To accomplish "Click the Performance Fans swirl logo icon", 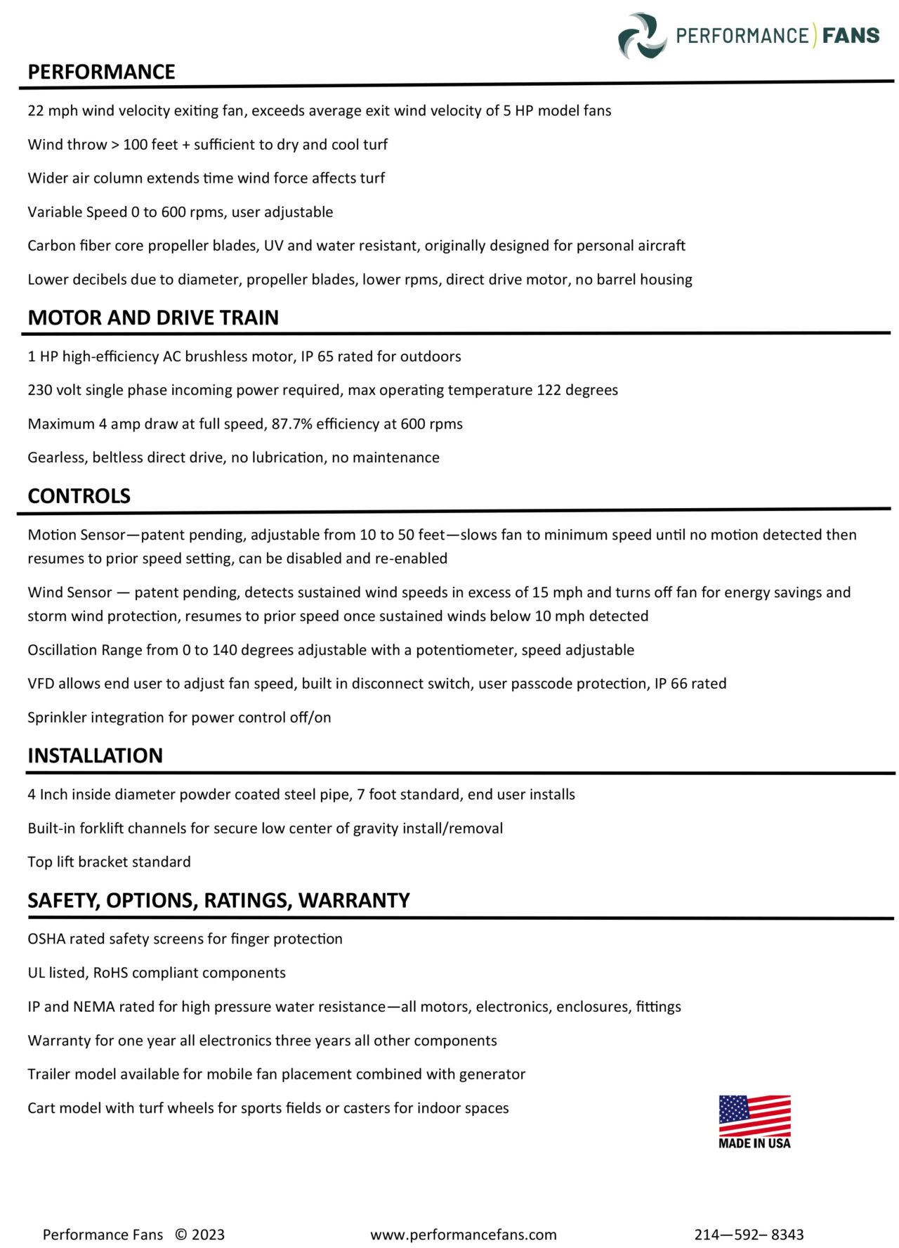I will (642, 36).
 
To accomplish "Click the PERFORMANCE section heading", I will (101, 72).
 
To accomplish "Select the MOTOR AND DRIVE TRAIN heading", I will (153, 318).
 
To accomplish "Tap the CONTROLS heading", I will (79, 496).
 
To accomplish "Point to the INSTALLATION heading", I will (95, 755).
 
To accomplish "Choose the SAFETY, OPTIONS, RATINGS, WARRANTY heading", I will (218, 900).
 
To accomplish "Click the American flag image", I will (754, 1114).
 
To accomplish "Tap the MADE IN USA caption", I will (754, 1143).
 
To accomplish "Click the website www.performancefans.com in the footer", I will (463, 1235).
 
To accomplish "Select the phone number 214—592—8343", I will (749, 1235).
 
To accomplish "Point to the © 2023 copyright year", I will (199, 1235).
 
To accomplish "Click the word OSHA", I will (46, 939).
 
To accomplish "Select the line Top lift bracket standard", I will (109, 862).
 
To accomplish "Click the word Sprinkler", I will (56, 717).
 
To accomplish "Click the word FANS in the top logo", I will (851, 35).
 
